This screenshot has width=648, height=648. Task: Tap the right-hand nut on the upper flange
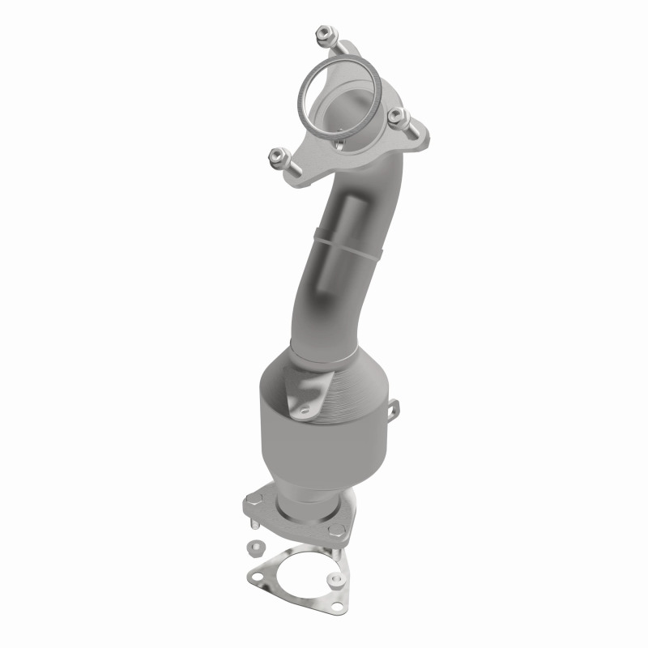point(395,117)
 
